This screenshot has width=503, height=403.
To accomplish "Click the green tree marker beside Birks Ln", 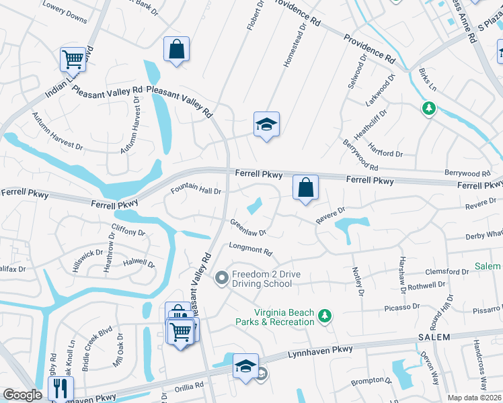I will (x=428, y=108).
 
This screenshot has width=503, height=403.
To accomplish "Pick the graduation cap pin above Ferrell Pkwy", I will (x=266, y=125).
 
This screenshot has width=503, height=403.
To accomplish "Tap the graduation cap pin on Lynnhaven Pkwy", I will (x=245, y=367).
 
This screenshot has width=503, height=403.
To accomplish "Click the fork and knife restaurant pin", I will (x=61, y=388).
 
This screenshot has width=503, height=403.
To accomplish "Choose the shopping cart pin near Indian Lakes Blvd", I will (x=73, y=59).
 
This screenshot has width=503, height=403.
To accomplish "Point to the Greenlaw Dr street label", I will (x=248, y=228).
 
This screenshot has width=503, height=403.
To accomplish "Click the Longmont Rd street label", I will (x=250, y=249).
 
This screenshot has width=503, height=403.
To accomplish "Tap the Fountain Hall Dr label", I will (x=196, y=189).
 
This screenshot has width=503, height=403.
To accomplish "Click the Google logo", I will (x=23, y=395).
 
